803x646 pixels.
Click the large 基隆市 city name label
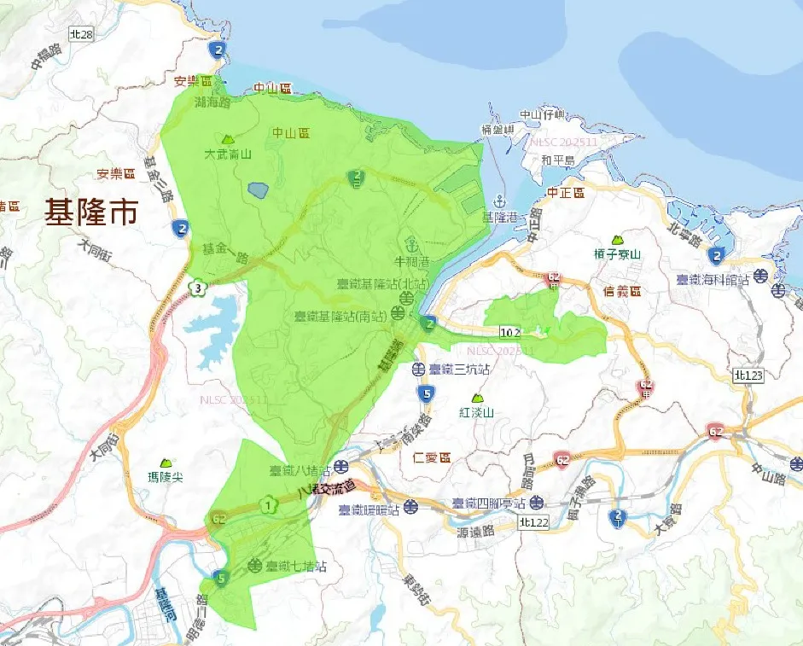[91, 213]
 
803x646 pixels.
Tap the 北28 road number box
[81, 34]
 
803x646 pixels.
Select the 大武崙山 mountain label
[228, 154]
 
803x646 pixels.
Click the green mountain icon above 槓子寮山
[617, 241]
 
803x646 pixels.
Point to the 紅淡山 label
[477, 412]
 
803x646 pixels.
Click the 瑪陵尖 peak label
[165, 476]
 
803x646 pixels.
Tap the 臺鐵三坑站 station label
[458, 370]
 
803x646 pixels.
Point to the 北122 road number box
[532, 521]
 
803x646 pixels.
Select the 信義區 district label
[622, 291]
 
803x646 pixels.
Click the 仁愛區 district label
[431, 458]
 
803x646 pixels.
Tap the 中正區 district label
[566, 194]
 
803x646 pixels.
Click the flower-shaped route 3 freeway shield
[198, 288]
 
